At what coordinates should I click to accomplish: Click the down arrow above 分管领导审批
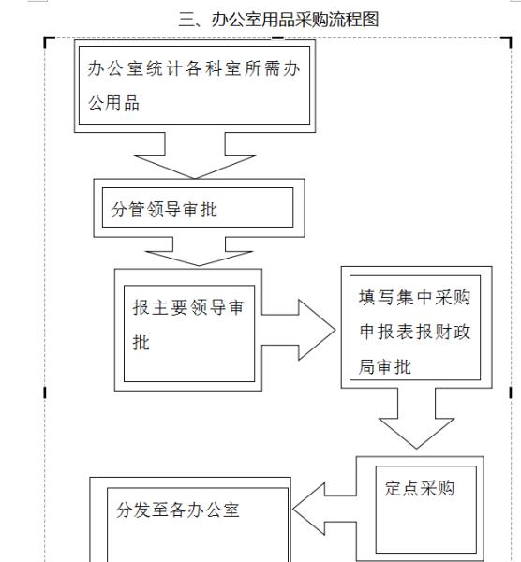pos(194,155)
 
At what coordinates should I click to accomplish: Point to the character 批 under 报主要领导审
pos(141,343)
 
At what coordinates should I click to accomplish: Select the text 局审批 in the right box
pos(385,367)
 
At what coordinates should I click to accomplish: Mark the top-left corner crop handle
pos(48,40)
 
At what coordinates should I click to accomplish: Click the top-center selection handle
pos(277,37)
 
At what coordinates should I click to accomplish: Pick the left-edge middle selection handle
pos(44,392)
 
